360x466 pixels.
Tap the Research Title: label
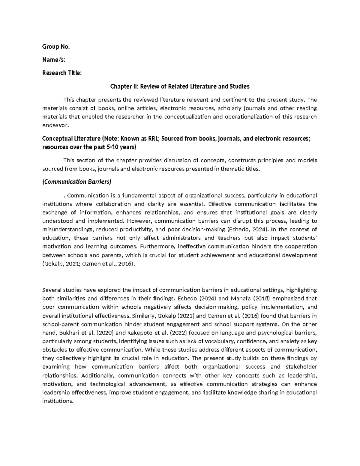pos(62,73)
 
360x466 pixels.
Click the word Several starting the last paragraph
pos(52,290)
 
